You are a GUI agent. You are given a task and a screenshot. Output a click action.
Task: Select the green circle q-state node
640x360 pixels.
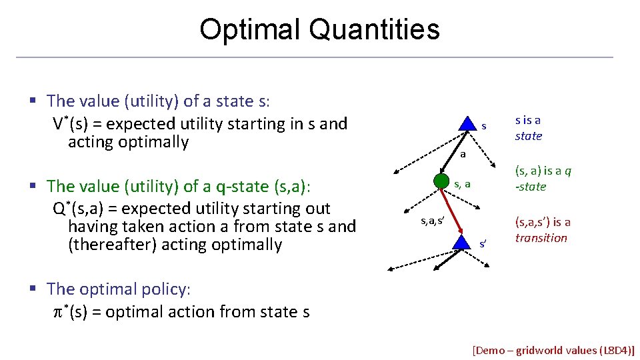coord(441,181)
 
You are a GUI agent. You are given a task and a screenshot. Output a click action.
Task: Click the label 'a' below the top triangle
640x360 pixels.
coord(463,154)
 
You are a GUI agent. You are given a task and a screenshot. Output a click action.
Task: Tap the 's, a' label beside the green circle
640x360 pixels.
coord(463,183)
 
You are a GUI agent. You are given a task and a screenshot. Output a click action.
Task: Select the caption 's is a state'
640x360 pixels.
coord(529,128)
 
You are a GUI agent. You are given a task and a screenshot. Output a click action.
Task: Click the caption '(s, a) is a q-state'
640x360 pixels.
coord(543,178)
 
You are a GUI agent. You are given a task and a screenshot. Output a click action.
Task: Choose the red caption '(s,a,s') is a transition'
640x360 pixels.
coord(542,230)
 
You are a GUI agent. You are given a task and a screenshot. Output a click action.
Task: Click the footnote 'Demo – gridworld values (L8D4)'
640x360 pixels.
coord(553,350)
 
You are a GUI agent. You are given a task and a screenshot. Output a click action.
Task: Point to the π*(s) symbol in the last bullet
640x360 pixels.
coord(70,312)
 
